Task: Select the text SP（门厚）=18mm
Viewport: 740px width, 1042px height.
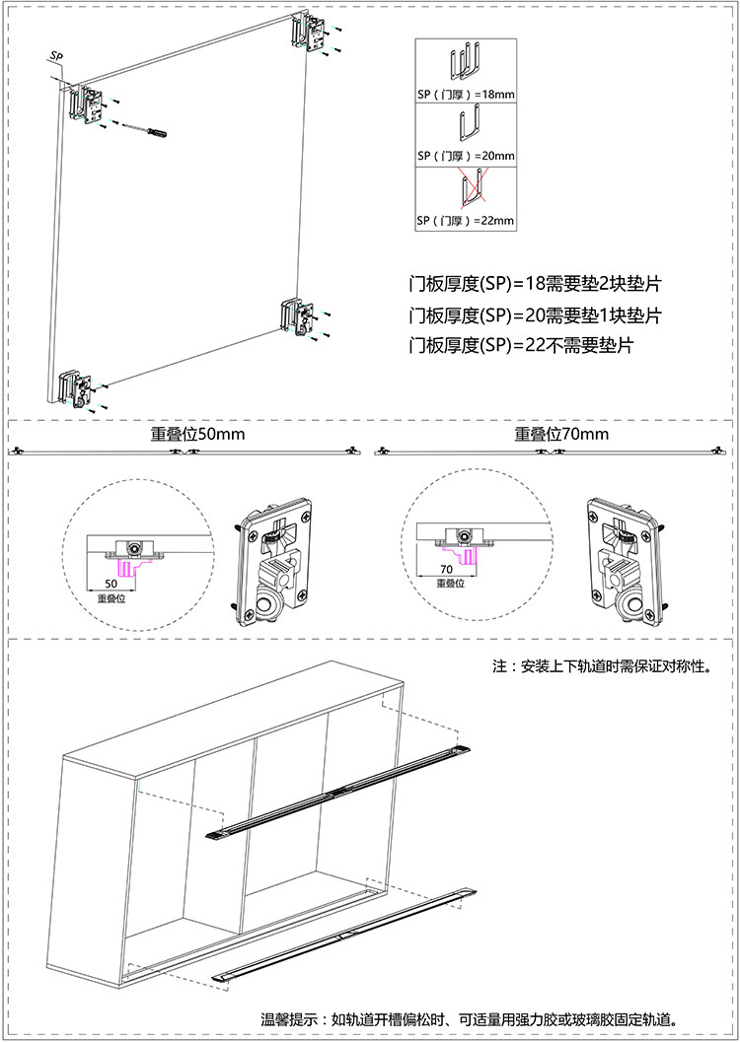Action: coord(466,94)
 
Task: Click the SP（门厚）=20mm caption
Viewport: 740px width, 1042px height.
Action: coord(466,156)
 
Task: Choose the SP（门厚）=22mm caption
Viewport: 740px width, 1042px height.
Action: coord(466,220)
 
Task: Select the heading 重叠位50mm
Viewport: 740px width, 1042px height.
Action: coord(197,434)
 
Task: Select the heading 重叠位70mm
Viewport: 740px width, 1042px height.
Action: coord(561,434)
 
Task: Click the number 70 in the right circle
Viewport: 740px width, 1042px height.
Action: coord(445,569)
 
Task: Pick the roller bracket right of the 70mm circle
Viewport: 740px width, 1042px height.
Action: coord(627,562)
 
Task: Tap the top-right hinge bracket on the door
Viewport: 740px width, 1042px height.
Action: coord(310,36)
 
